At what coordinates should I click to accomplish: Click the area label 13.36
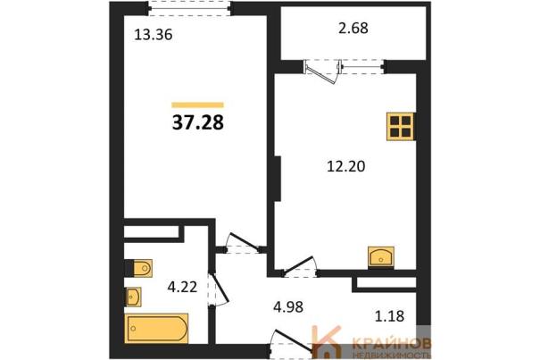154,35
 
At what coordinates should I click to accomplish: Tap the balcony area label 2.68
353,28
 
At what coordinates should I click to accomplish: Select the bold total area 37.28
198,122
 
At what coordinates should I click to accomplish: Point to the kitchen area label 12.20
345,166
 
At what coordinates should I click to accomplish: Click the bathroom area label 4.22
182,287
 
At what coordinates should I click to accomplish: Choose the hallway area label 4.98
288,306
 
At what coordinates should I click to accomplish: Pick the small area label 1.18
389,315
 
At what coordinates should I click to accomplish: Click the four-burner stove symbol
400,127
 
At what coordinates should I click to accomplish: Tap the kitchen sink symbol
381,256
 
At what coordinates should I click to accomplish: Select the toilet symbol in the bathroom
138,268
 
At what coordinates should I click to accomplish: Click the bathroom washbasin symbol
134,297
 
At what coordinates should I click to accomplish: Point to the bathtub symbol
156,329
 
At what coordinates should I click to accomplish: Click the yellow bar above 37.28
197,105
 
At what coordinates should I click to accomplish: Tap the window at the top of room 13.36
189,8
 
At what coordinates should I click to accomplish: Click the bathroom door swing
219,289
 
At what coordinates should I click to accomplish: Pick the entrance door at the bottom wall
293,342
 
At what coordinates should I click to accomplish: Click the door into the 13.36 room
243,242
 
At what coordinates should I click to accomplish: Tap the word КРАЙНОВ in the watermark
392,343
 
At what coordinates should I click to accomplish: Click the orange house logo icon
326,341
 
